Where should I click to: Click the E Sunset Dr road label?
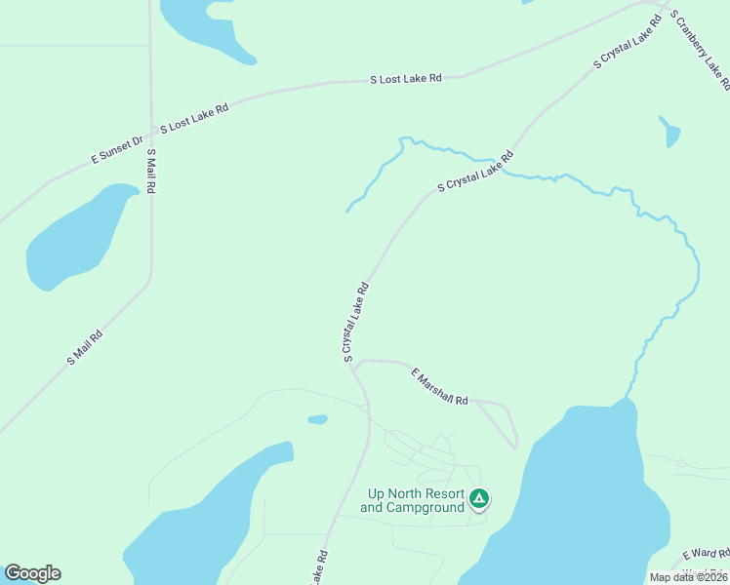click(116, 146)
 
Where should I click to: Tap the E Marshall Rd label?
click(440, 387)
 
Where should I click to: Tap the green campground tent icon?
click(478, 499)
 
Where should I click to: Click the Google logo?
click(32, 573)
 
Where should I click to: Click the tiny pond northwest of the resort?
click(317, 420)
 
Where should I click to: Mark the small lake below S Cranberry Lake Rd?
click(669, 133)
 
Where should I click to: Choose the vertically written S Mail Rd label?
click(151, 171)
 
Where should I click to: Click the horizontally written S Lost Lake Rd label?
click(406, 78)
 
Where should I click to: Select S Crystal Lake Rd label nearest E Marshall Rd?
click(355, 323)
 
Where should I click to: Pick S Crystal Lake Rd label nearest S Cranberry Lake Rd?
click(628, 43)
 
